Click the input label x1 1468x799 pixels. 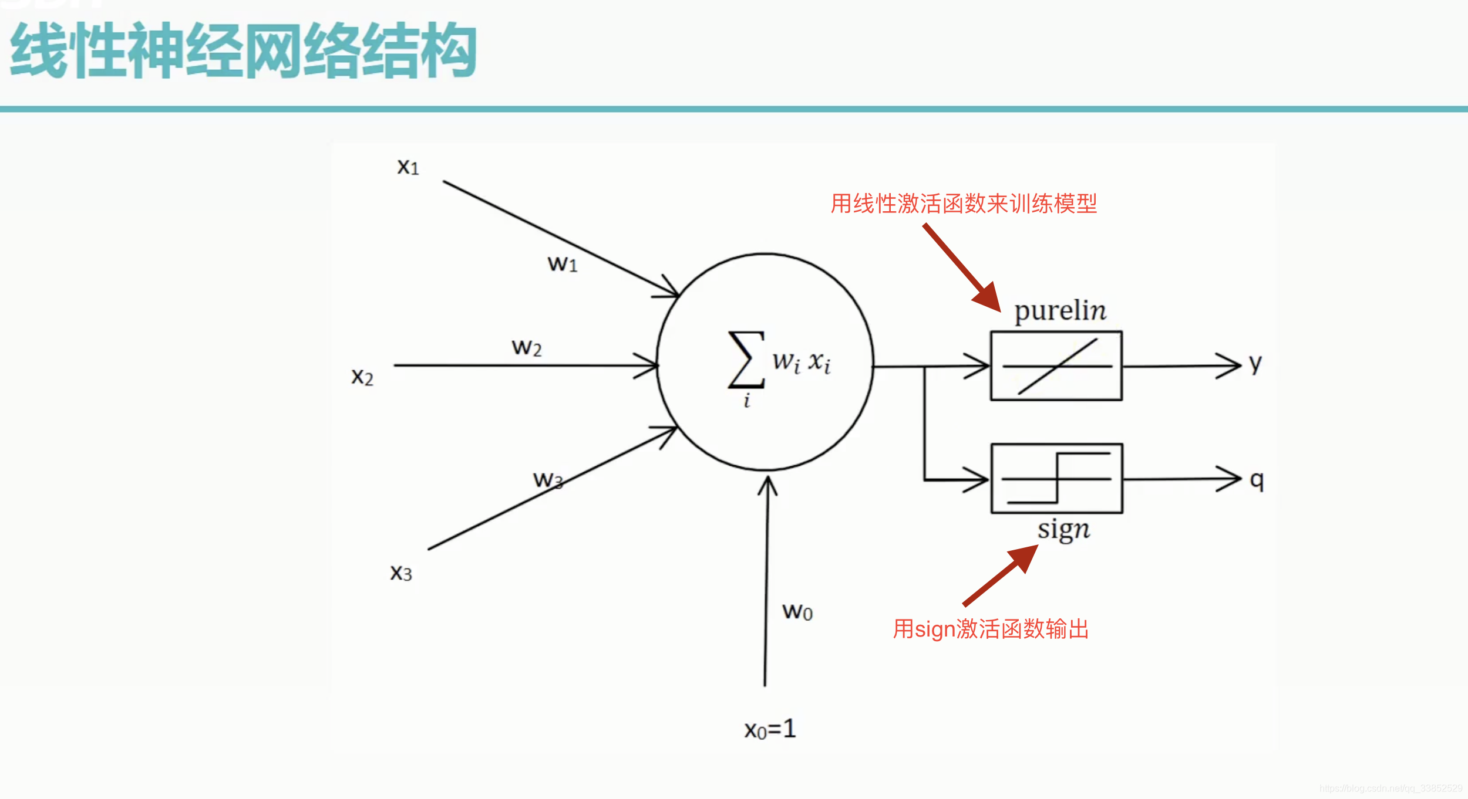click(x=408, y=167)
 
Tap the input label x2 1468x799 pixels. click(x=362, y=377)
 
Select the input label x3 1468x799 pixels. click(x=401, y=573)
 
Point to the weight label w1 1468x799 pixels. click(x=563, y=264)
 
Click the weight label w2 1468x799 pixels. click(x=527, y=348)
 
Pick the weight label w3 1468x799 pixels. click(x=548, y=480)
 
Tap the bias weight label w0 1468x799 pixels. click(x=797, y=612)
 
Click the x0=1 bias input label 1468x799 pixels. click(x=770, y=729)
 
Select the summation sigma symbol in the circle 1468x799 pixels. click(x=746, y=360)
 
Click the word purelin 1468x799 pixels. click(x=1060, y=310)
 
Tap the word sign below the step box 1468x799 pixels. click(x=1063, y=529)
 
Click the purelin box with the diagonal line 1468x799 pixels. click(x=1056, y=366)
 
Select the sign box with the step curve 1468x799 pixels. click(x=1057, y=479)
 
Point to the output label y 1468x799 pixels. click(x=1255, y=364)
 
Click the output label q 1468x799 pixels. click(x=1257, y=480)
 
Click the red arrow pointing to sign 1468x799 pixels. click(x=1001, y=575)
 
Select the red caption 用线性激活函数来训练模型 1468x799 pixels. click(x=964, y=204)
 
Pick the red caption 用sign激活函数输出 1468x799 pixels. click(x=991, y=629)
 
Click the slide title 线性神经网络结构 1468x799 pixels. click(x=243, y=50)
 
